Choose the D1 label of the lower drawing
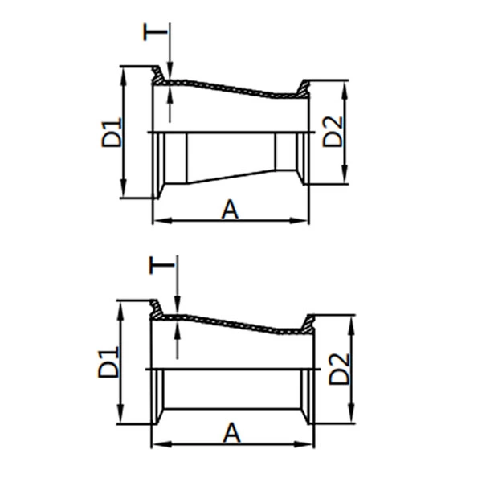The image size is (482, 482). (x=109, y=362)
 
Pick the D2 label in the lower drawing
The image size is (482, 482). (x=340, y=369)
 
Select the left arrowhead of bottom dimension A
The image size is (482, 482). (x=157, y=443)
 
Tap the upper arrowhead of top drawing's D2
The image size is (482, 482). (x=345, y=85)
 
